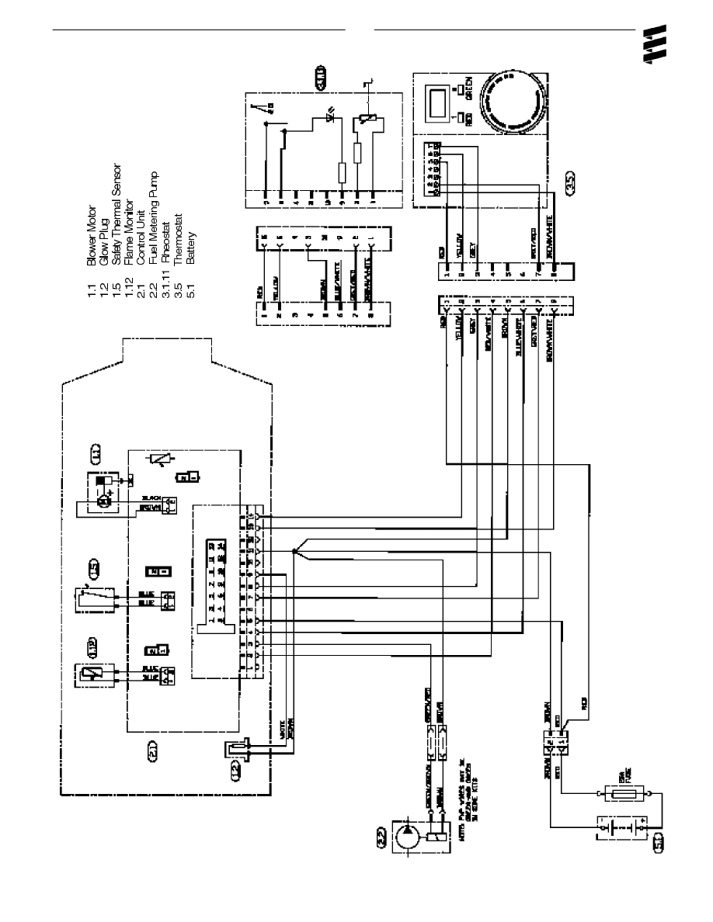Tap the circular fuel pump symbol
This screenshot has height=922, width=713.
pyautogui.click(x=408, y=838)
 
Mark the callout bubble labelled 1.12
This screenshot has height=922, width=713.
pyautogui.click(x=93, y=646)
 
